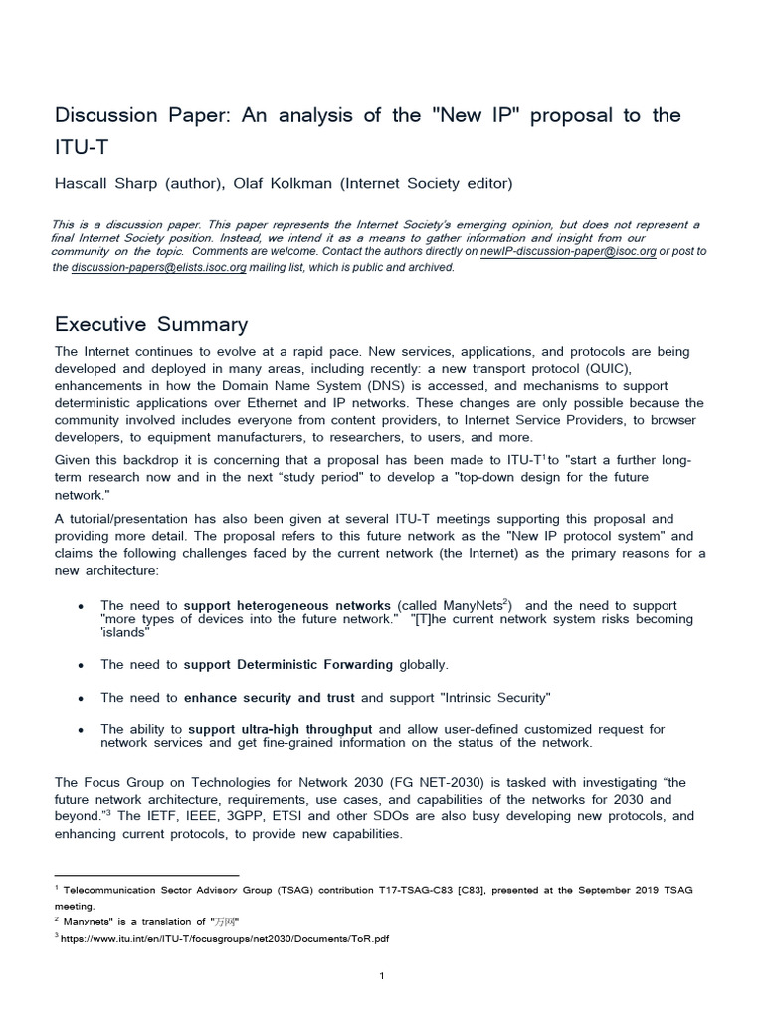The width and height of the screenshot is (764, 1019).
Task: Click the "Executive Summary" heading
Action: click(x=151, y=325)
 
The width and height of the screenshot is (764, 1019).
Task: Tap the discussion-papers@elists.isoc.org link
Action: click(x=158, y=266)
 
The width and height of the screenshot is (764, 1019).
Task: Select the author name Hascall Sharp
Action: click(x=101, y=182)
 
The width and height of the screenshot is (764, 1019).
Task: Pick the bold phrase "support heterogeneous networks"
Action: click(x=287, y=605)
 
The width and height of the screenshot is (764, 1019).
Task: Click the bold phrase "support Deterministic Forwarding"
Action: click(x=288, y=663)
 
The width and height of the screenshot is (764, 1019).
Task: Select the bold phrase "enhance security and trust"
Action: click(x=270, y=697)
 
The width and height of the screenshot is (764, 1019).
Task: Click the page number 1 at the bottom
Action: click(x=382, y=976)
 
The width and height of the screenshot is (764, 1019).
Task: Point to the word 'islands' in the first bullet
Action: click(x=125, y=632)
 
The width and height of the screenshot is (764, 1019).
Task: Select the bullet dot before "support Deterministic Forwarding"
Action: click(x=80, y=664)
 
